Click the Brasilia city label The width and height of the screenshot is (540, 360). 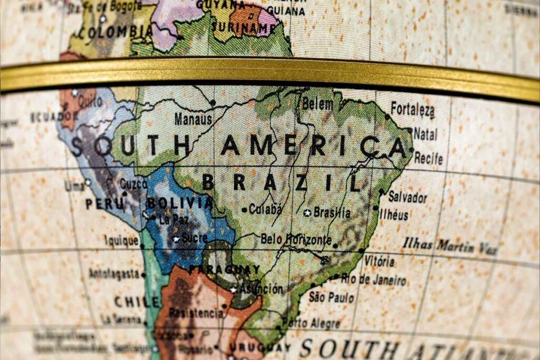[332, 212]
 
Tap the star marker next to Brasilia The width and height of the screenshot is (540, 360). [307, 213]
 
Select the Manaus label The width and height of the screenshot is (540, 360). [193, 119]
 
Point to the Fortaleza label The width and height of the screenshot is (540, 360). [412, 110]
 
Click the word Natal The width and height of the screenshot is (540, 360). [425, 134]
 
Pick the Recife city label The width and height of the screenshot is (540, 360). [428, 158]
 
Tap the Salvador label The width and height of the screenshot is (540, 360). [407, 198]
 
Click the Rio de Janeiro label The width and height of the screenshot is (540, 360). [373, 279]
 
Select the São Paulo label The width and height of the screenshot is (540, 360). [331, 297]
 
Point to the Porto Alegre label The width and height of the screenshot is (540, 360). [311, 323]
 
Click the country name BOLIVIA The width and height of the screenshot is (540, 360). [179, 203]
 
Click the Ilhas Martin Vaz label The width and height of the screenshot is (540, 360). [450, 247]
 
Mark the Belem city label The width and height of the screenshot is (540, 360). [317, 104]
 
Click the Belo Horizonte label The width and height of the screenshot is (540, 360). [295, 239]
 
